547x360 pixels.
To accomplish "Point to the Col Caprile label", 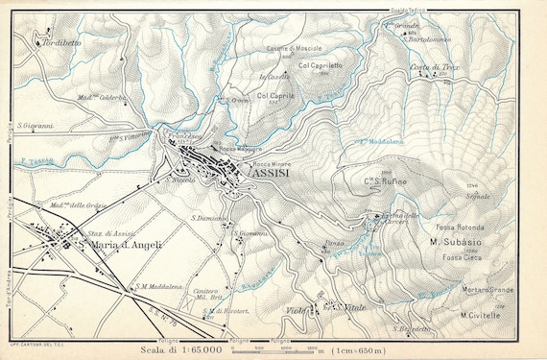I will point(275,96).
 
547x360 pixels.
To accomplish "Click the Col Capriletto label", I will point(321,65).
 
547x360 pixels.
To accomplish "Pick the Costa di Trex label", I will point(432,66).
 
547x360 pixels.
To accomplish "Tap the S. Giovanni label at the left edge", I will point(35,125).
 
